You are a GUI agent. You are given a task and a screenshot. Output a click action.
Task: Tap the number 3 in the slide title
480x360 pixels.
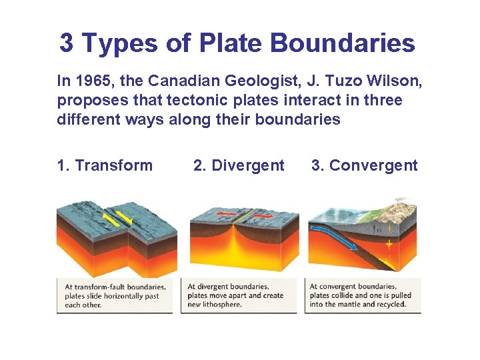point(67,43)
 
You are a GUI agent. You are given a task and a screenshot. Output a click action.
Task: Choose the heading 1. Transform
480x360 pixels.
point(105,165)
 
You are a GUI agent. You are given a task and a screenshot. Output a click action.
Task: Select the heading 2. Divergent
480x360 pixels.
point(239,165)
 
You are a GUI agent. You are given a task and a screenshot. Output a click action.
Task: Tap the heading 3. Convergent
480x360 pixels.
point(364,165)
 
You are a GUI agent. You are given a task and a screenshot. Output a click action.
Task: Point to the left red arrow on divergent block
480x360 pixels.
point(224,216)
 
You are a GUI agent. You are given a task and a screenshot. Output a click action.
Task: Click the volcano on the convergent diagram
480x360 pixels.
point(403,203)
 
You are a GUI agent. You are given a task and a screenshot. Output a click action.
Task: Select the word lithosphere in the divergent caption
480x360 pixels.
point(223,305)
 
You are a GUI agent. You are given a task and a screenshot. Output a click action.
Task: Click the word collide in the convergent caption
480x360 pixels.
point(359,296)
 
